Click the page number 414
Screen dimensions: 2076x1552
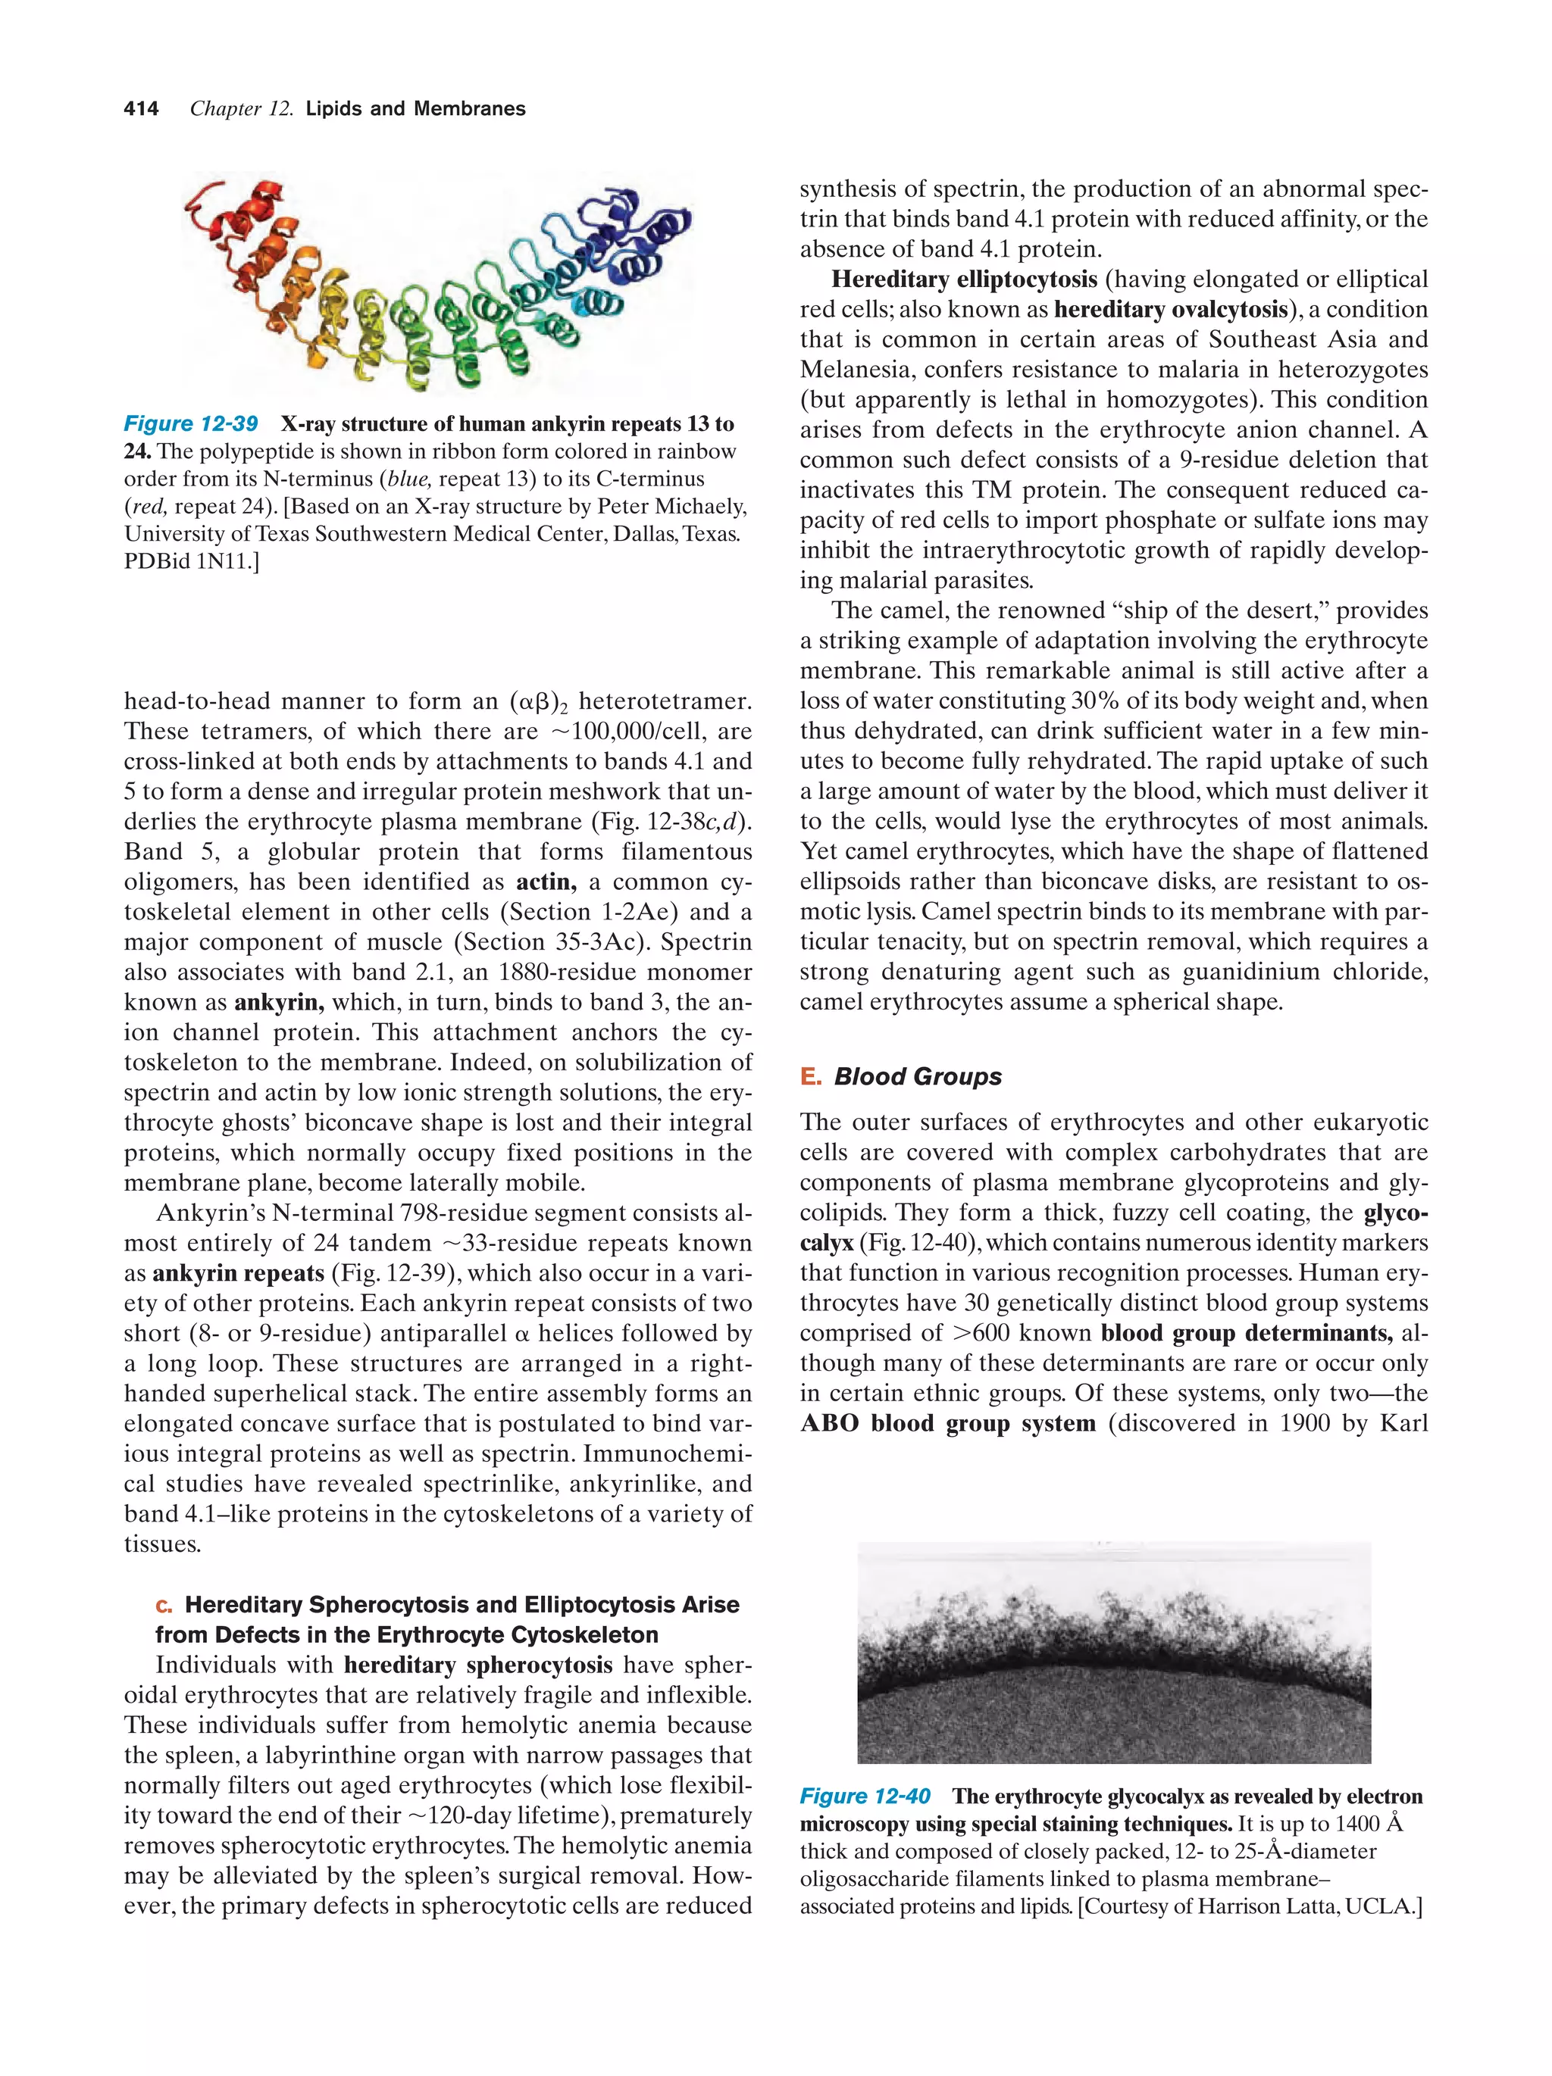pos(141,109)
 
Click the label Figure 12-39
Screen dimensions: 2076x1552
pos(191,423)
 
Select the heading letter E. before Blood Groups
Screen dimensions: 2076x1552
pos(810,1076)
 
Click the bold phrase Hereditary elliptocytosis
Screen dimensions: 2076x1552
pos(963,279)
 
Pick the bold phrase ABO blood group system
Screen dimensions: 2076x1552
pos(947,1423)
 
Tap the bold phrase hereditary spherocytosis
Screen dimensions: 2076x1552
pos(478,1665)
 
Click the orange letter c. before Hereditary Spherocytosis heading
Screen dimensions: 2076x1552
pos(164,1606)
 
